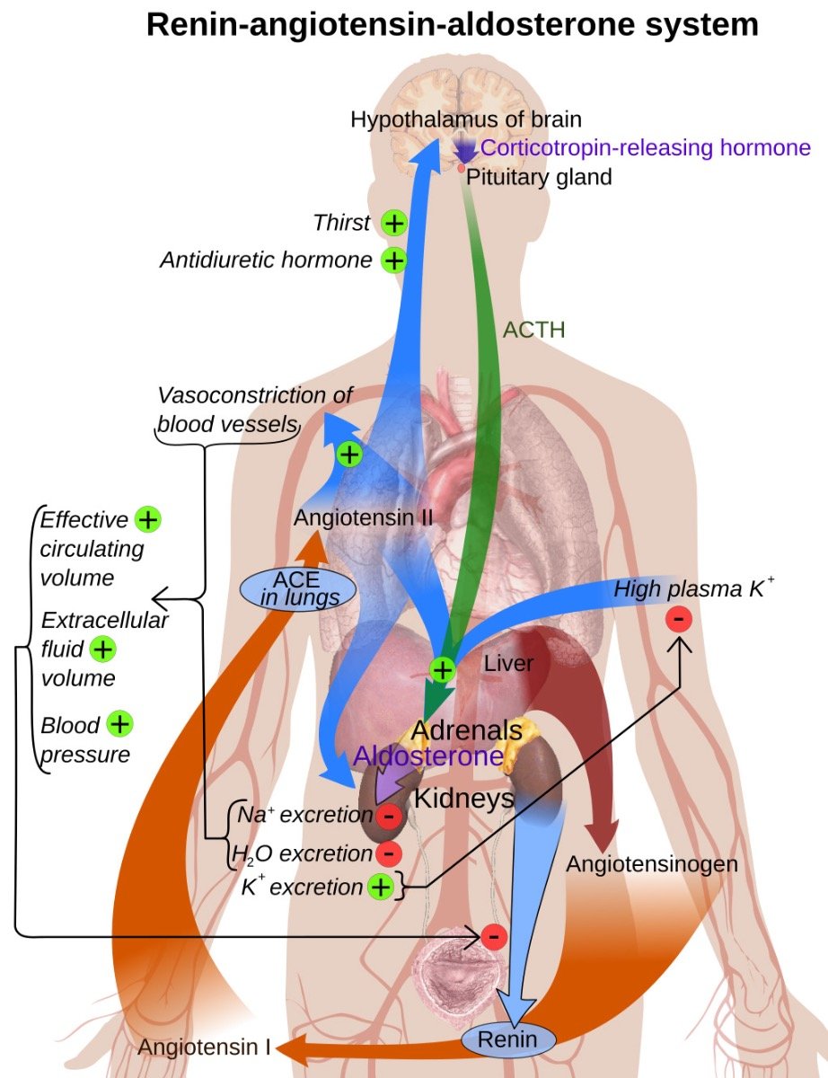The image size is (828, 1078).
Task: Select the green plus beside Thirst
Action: (393, 224)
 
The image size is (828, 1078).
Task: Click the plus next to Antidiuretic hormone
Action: (393, 261)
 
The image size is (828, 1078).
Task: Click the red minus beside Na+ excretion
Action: (388, 816)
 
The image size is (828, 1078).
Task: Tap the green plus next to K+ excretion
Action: (380, 888)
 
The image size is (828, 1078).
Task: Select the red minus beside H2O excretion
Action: (388, 853)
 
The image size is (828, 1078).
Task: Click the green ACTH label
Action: (534, 330)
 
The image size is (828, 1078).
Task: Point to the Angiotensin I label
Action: (204, 1047)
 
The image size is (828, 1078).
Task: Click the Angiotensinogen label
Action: (652, 864)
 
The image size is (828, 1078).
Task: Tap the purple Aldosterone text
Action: (427, 755)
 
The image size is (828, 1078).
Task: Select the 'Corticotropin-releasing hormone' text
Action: (646, 148)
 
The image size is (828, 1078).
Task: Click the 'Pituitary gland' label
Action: (539, 177)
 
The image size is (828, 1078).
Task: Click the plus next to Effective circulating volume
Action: (147, 519)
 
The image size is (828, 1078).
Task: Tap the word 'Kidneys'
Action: (463, 798)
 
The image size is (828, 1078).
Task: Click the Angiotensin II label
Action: (364, 518)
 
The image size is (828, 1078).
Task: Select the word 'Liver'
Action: (508, 664)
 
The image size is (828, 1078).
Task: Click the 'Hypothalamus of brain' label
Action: (466, 119)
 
